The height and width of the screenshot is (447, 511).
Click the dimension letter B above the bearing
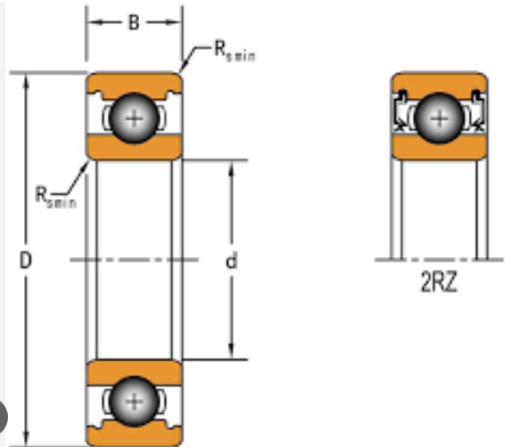click(134, 23)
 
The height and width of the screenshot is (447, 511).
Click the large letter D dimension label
click(26, 261)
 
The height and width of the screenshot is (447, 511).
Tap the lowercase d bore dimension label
click(231, 261)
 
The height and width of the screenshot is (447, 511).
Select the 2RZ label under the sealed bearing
click(439, 282)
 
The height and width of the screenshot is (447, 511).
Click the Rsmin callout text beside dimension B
click(235, 52)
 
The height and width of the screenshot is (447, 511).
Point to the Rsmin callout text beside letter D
click(55, 197)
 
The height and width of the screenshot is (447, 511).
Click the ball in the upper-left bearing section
click(135, 118)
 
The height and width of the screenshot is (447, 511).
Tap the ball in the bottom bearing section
click(135, 401)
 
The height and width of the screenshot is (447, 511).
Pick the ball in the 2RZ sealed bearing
click(440, 118)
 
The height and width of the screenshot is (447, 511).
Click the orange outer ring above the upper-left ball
click(134, 83)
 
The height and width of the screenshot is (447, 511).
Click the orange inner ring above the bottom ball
click(134, 372)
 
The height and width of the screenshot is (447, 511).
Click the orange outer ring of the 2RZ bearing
click(440, 83)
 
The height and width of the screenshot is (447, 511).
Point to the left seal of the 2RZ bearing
click(400, 111)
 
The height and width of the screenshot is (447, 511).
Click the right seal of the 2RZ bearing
click(478, 111)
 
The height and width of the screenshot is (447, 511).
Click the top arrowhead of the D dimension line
click(27, 81)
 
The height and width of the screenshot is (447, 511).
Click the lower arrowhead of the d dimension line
click(231, 351)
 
